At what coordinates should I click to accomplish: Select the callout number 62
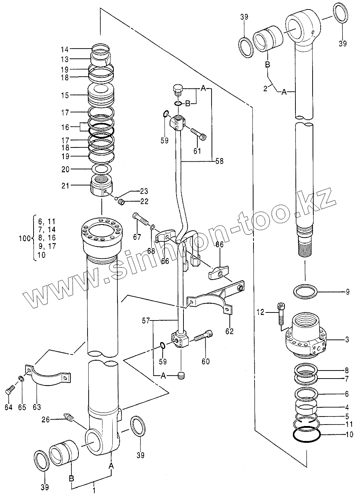[x=230, y=331]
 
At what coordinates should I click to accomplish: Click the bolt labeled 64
[x=9, y=391]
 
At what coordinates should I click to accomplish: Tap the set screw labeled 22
[x=122, y=202]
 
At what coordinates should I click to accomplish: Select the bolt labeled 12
[x=280, y=313]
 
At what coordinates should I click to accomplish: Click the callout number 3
[x=347, y=339]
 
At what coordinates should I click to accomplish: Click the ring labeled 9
[x=305, y=292]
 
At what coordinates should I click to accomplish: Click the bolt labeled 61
[x=198, y=134]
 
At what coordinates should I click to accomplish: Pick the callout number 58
[x=219, y=161]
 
